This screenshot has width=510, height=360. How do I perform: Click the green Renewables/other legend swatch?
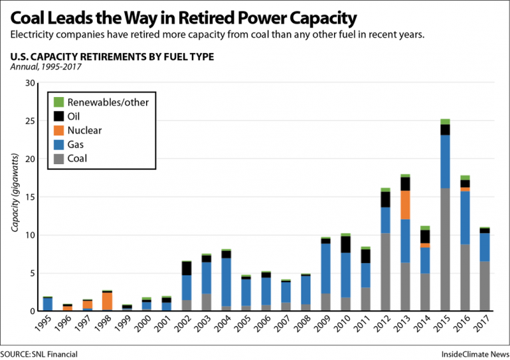[58, 102]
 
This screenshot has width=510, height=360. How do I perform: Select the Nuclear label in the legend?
[84, 130]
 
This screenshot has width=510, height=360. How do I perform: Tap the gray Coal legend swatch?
[58, 158]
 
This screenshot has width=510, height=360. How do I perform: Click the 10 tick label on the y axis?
[29, 235]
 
